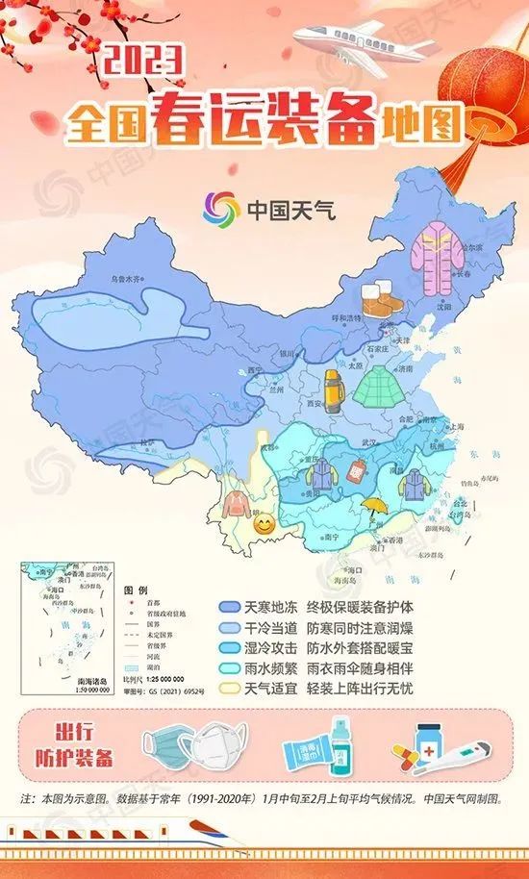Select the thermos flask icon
(334, 390)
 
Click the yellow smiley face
(264, 525)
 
